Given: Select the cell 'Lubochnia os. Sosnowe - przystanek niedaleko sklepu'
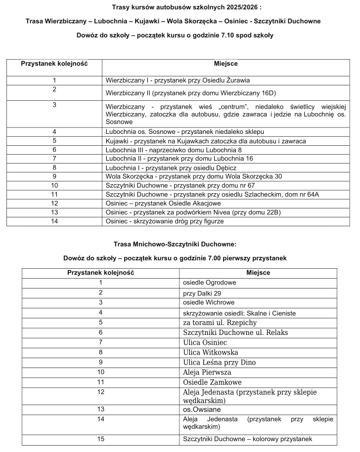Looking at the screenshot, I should [185, 132].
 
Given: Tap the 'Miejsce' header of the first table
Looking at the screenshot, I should [226, 64].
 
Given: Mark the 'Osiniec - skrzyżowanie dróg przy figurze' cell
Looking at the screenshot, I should [165, 221].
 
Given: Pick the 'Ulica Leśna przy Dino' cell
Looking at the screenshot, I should [220, 362].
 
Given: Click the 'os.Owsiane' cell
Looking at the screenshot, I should [202, 409].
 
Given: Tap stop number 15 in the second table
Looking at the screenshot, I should [100, 439].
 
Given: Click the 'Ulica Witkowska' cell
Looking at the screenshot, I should [211, 352].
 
